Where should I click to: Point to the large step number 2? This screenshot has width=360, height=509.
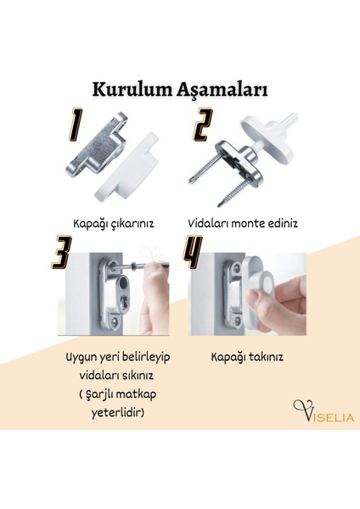click(x=201, y=129)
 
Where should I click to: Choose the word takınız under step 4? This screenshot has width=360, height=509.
click(x=262, y=357)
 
